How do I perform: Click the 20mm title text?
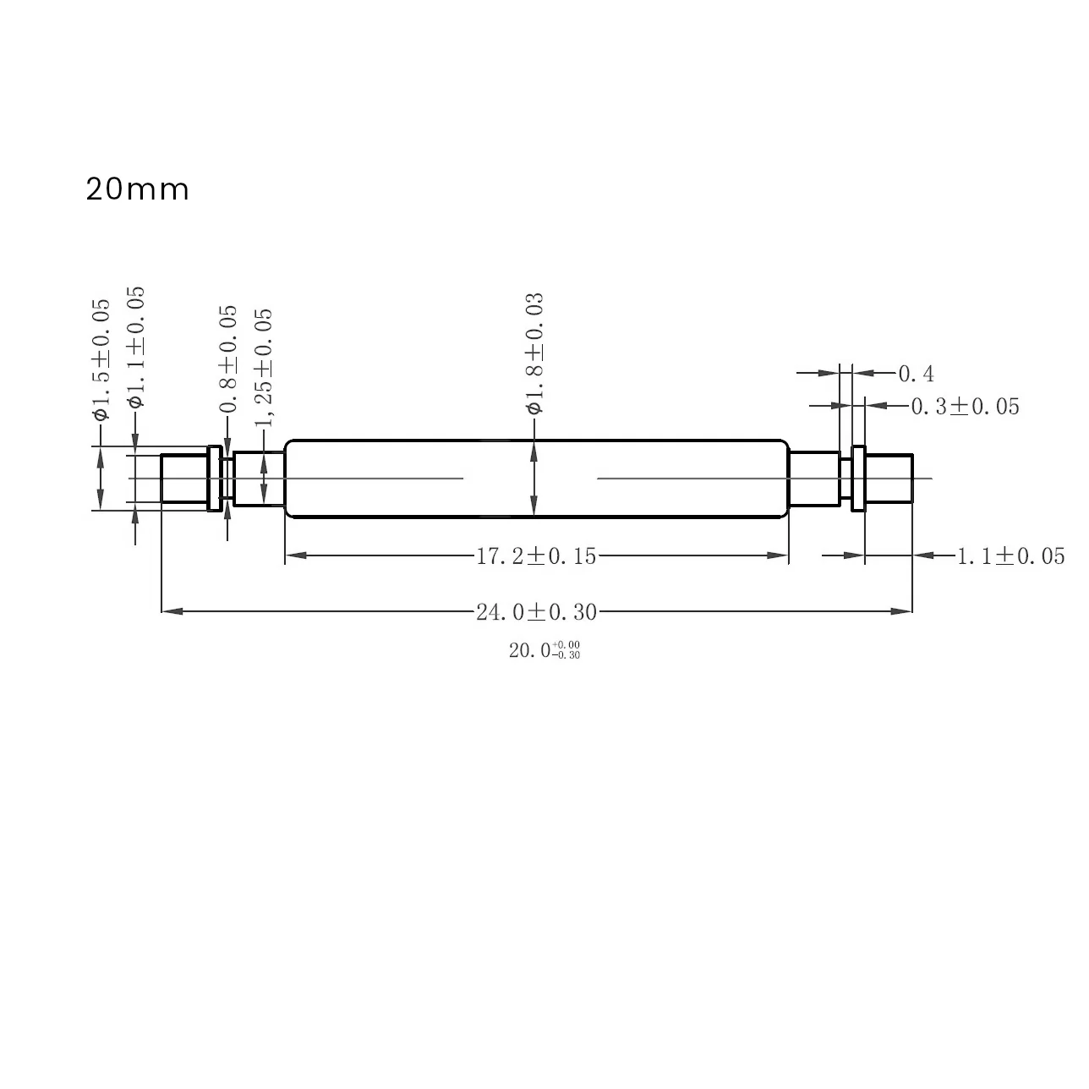click(x=137, y=189)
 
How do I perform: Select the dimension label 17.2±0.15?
click(x=536, y=556)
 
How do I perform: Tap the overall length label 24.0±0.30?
click(x=536, y=611)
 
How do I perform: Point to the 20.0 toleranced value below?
click(x=544, y=650)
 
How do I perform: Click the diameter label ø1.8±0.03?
click(x=534, y=353)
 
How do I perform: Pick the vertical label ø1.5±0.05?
click(x=101, y=359)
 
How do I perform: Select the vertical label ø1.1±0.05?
click(x=135, y=347)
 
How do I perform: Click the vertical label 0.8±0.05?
click(x=228, y=359)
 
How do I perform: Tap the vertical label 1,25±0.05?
click(x=265, y=367)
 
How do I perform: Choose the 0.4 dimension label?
click(x=916, y=373)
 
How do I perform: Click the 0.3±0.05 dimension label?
click(x=965, y=407)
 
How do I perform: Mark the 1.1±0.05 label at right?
click(x=1010, y=556)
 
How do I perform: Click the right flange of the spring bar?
click(x=858, y=479)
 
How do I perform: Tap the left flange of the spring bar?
click(x=215, y=479)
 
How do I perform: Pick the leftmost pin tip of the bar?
click(x=183, y=479)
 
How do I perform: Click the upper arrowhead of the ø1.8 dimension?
click(x=534, y=451)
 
